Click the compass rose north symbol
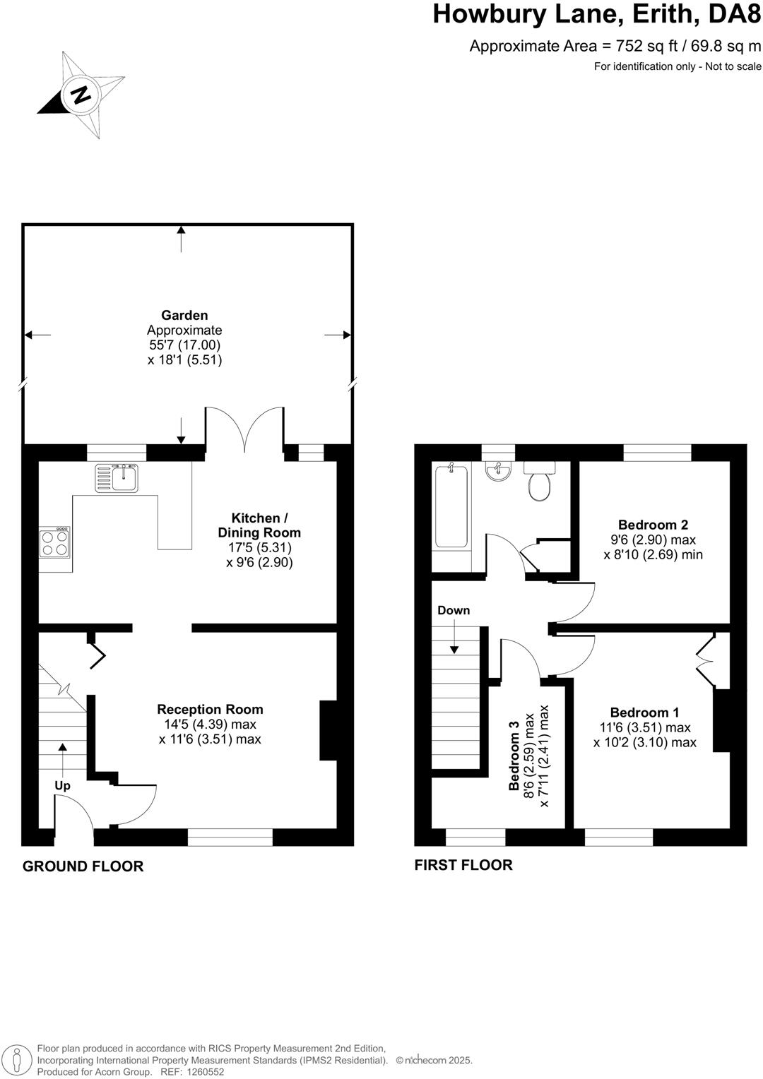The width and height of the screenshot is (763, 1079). click(81, 94)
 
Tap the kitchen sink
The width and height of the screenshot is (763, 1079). click(118, 478)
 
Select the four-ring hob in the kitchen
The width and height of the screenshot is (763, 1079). click(55, 543)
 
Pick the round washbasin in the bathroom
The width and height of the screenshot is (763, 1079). click(499, 472)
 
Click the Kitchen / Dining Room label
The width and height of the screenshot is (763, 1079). click(259, 525)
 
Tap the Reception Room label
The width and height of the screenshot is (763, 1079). click(210, 709)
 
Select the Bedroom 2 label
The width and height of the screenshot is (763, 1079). click(653, 525)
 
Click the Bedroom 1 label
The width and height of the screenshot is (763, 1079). click(644, 713)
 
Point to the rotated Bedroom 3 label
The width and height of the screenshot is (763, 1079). click(515, 755)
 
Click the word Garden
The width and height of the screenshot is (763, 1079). click(184, 315)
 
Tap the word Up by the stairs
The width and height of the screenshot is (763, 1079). click(63, 785)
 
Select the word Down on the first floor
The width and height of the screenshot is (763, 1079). click(454, 610)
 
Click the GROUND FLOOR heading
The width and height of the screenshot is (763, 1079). click(83, 866)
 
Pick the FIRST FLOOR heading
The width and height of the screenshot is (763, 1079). click(463, 864)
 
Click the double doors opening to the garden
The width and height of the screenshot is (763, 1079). click(244, 430)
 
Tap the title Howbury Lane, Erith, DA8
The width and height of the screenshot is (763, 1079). click(597, 14)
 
